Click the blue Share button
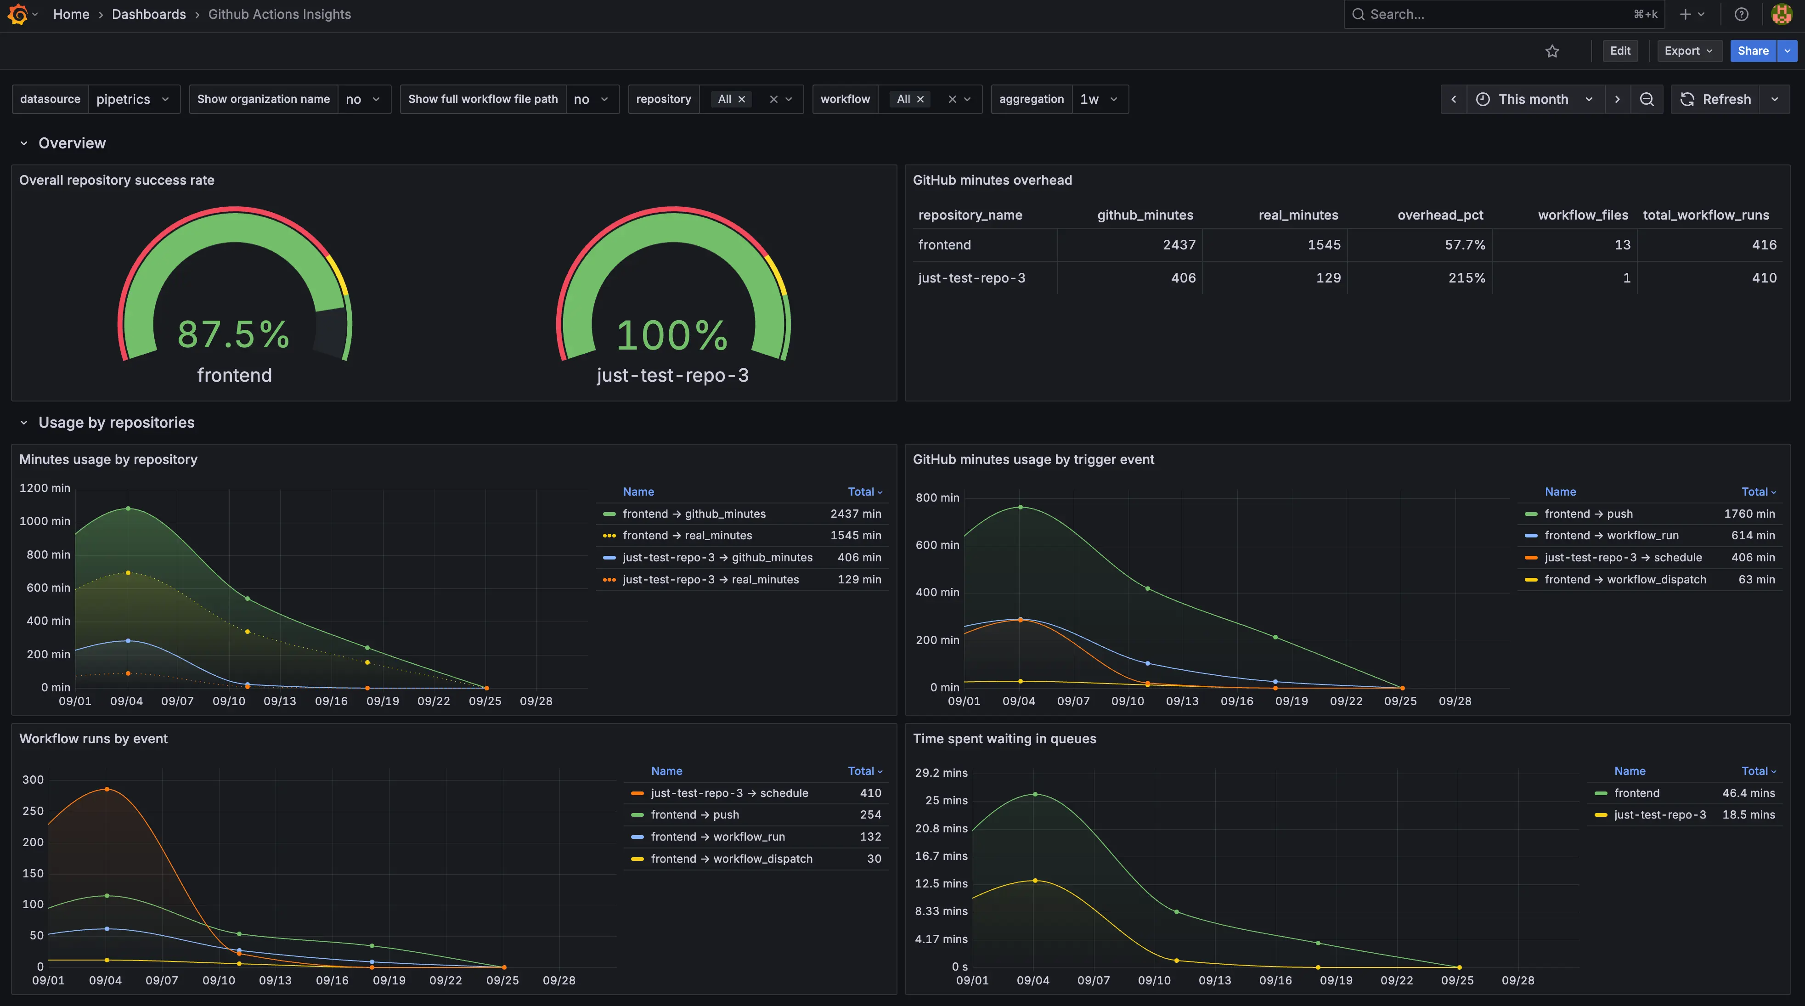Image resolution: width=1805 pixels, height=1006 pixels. (x=1753, y=51)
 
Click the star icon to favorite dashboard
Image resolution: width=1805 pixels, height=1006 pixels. (x=1552, y=51)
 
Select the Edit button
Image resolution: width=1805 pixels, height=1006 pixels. (x=1619, y=51)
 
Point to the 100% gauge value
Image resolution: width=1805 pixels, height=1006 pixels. (x=672, y=335)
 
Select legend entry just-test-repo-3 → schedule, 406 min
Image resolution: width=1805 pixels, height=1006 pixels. (x=1623, y=557)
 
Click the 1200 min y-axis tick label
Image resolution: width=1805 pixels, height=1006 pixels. (x=45, y=488)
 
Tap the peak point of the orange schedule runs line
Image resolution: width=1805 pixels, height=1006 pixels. (x=107, y=789)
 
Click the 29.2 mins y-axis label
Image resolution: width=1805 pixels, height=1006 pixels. (x=941, y=773)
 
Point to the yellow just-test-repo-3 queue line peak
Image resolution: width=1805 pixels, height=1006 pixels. (x=1035, y=881)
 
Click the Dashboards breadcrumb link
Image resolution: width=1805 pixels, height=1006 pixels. (x=148, y=14)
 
